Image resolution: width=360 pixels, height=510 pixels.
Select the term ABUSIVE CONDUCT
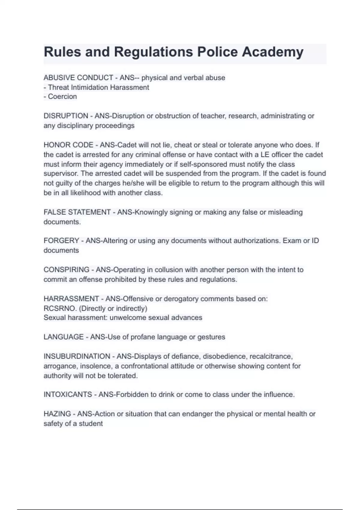(78, 78)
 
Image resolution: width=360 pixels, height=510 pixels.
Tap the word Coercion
(62, 97)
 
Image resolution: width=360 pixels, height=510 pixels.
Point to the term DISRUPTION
(66, 116)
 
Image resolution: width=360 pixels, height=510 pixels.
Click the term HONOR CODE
(68, 145)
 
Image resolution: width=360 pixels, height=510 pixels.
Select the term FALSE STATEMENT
(77, 212)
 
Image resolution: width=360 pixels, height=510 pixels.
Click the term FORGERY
(61, 241)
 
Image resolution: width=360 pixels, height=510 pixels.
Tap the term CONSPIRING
(66, 270)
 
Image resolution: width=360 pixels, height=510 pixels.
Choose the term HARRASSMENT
(71, 299)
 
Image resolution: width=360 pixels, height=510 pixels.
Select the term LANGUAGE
(63, 337)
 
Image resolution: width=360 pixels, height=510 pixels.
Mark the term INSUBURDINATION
(77, 356)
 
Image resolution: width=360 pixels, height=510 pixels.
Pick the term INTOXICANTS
(67, 394)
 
